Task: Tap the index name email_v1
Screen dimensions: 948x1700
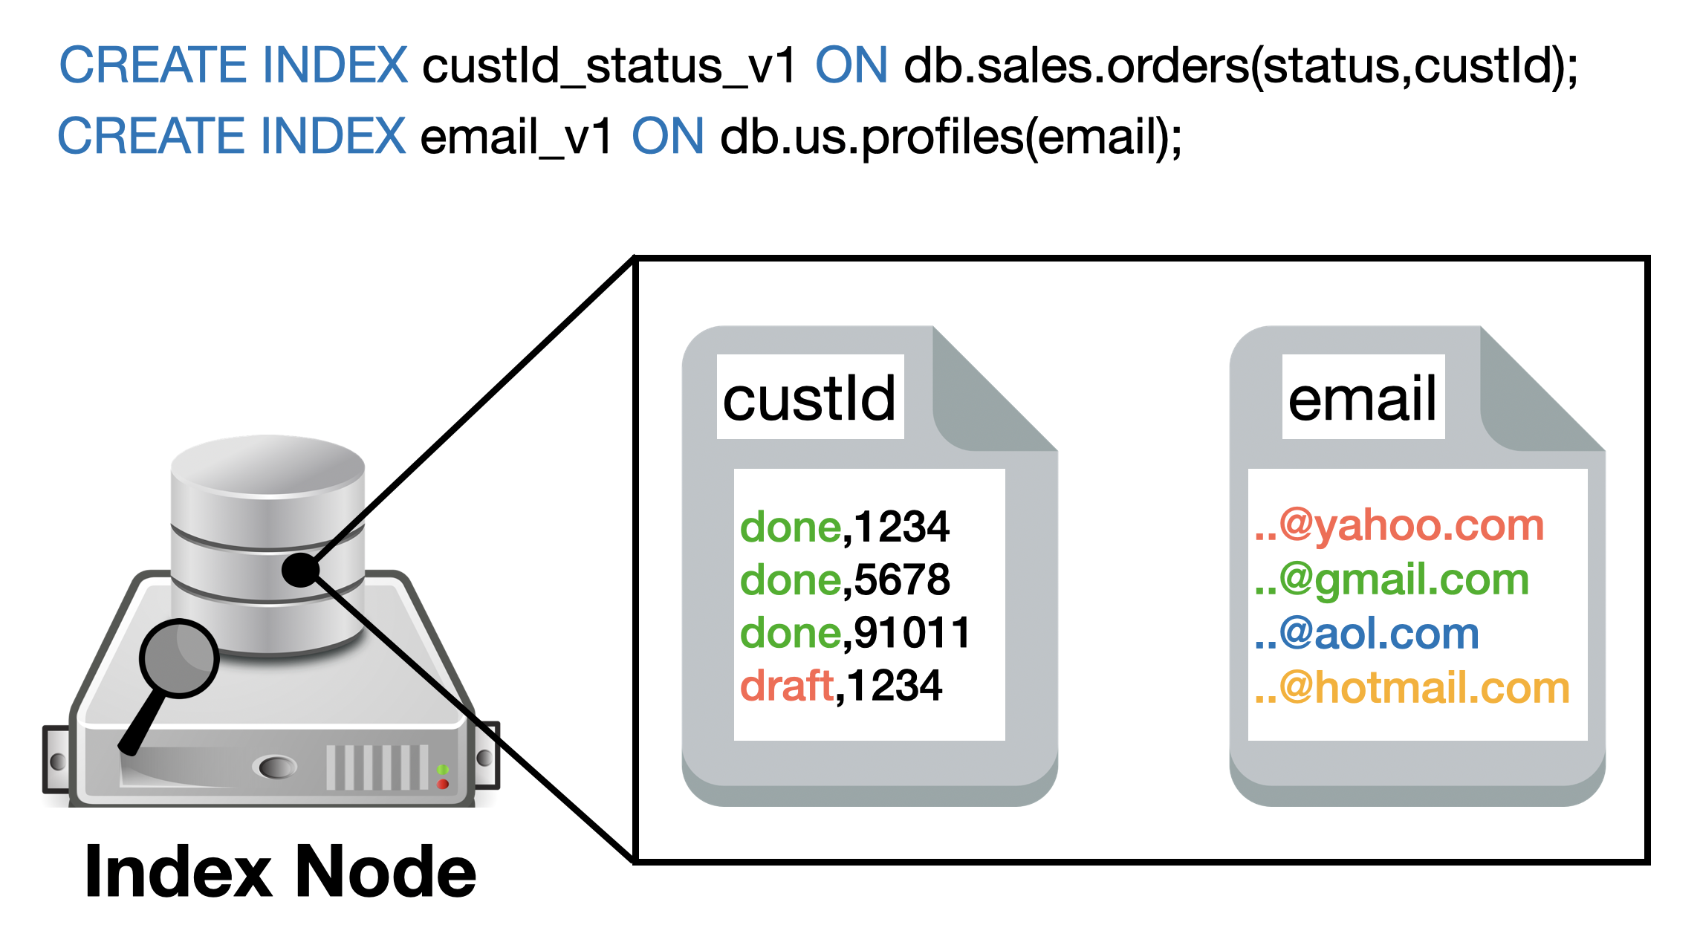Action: point(516,137)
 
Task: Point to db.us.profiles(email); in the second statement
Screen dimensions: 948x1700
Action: point(951,137)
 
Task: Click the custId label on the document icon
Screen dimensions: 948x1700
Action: point(810,398)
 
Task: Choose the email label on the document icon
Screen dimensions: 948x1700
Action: point(1363,398)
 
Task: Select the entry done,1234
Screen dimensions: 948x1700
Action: point(845,527)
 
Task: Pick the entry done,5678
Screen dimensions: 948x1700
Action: point(845,580)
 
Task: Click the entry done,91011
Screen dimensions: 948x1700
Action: point(855,633)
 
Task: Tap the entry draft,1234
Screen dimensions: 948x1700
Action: point(841,686)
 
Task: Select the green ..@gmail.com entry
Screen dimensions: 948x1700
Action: point(1392,579)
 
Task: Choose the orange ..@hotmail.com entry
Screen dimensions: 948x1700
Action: point(1412,688)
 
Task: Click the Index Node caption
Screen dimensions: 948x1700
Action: point(280,871)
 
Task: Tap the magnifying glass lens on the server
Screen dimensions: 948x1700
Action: point(178,658)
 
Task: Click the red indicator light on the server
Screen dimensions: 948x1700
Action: point(443,784)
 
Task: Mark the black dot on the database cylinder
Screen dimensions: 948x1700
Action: point(300,570)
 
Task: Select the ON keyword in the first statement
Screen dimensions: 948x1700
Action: point(851,66)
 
